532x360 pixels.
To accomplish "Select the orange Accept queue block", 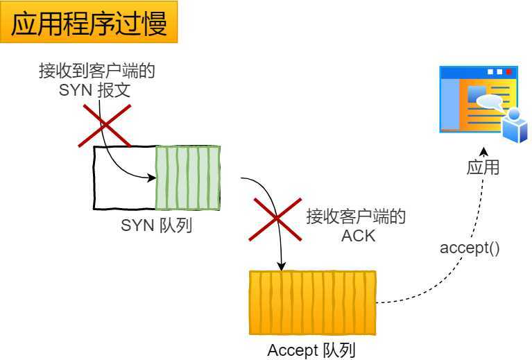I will coord(312,302).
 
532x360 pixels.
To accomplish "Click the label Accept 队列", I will coord(311,350).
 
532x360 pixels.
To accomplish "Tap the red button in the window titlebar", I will coord(509,71).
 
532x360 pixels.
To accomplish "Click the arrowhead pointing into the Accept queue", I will coord(282,266).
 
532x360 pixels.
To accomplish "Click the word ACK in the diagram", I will coord(358,235).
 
